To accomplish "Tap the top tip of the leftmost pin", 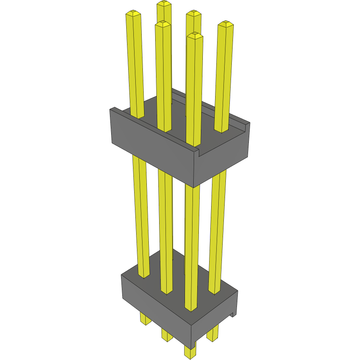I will [x=133, y=14].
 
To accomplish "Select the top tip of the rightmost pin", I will [x=225, y=23].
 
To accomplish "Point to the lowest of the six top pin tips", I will [x=194, y=35].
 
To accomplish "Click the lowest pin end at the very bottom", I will [x=190, y=354].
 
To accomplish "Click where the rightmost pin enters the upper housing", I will [x=222, y=130].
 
